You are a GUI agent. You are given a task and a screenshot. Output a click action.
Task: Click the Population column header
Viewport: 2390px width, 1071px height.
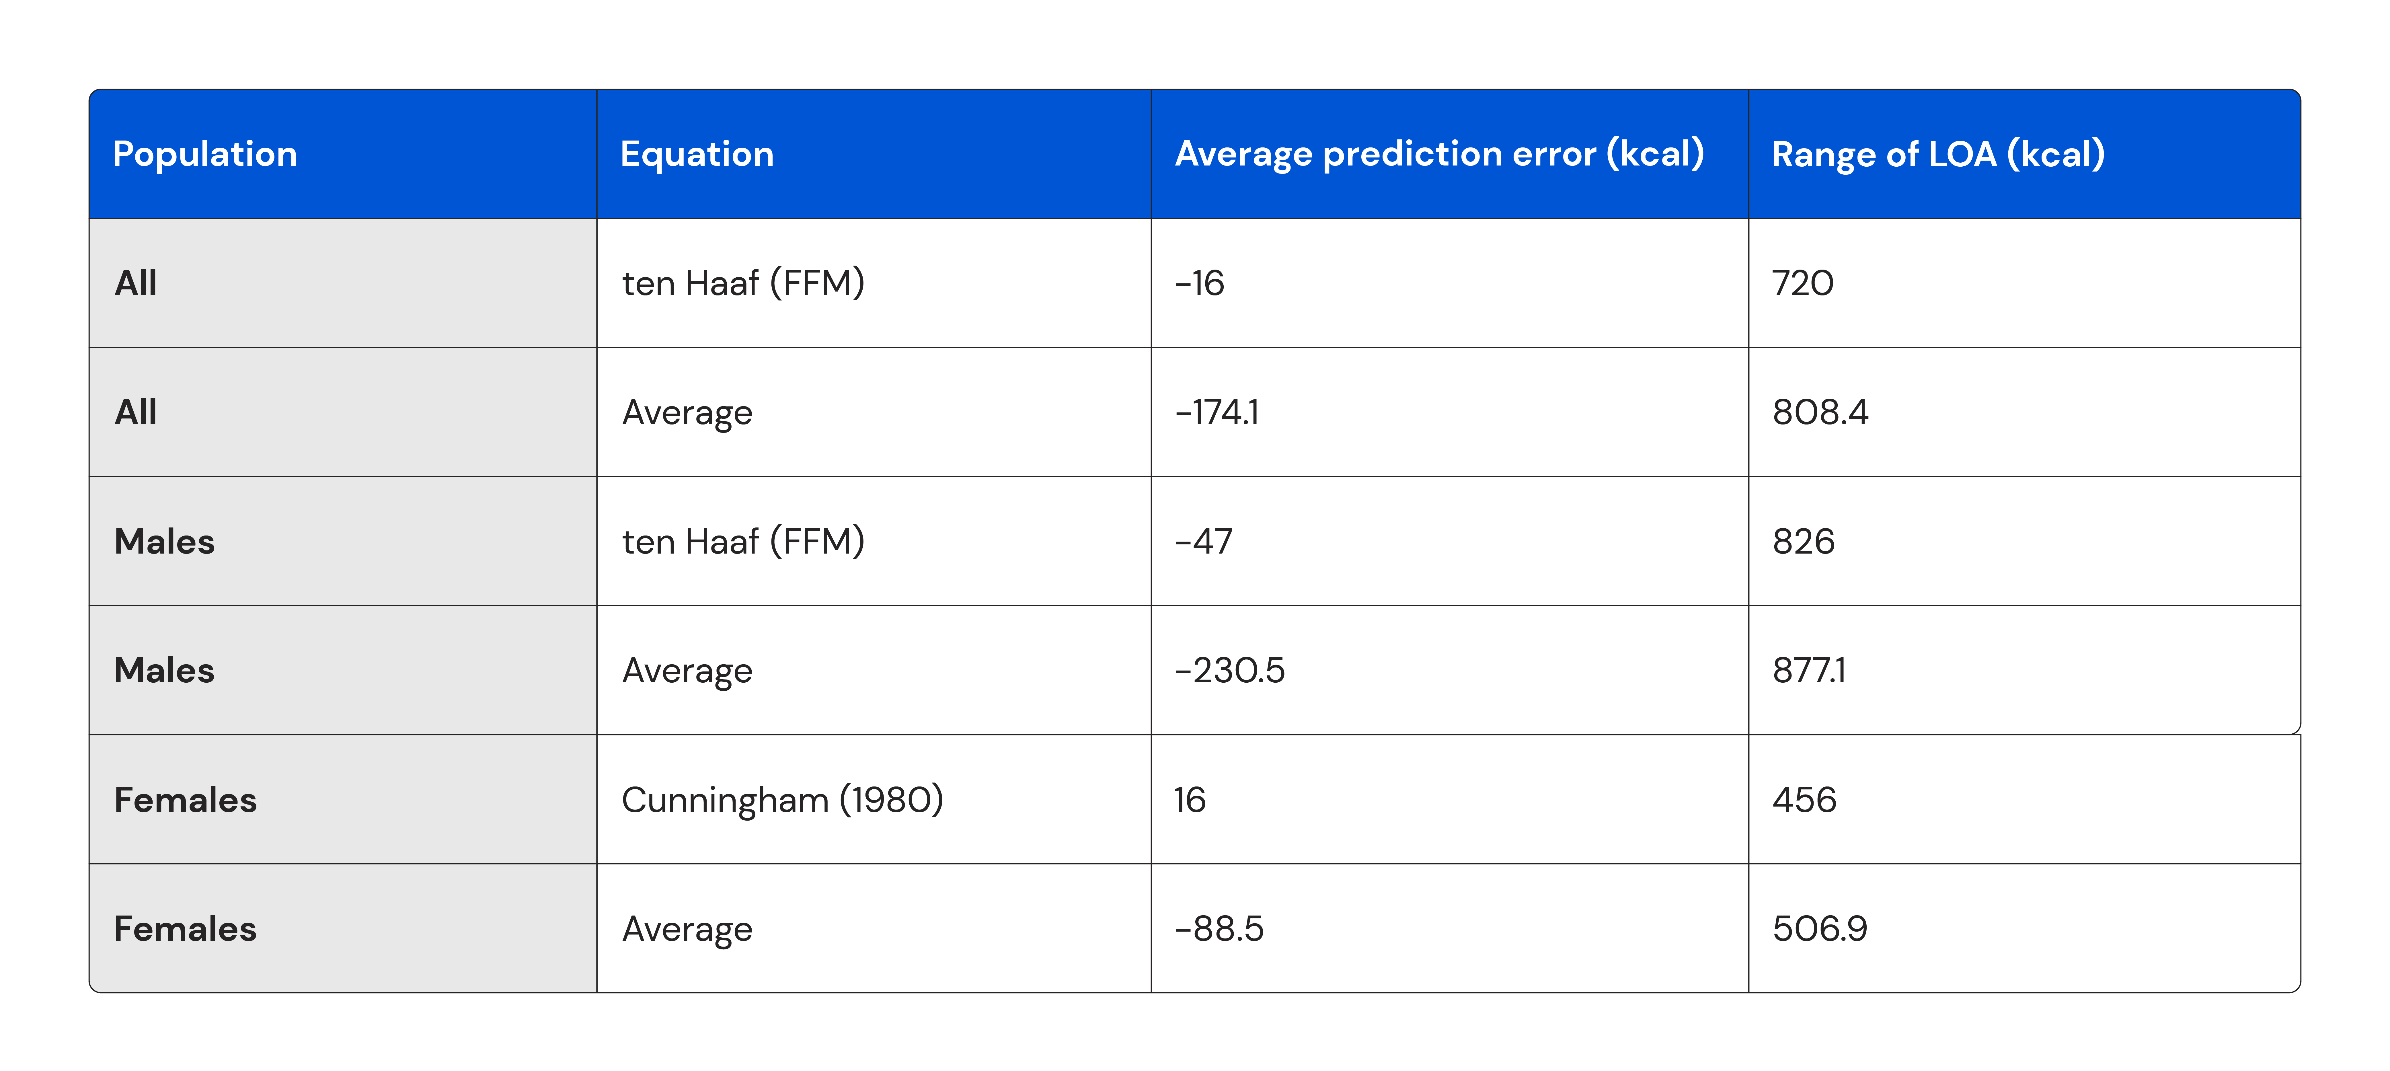pyautogui.click(x=205, y=154)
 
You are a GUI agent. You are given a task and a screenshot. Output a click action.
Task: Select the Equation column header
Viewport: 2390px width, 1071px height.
pyautogui.click(x=697, y=154)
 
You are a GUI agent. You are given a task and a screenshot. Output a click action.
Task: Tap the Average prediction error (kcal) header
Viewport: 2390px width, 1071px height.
pyautogui.click(x=1439, y=154)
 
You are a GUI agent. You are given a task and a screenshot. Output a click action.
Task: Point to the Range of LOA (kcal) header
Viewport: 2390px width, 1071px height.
pyautogui.click(x=1938, y=154)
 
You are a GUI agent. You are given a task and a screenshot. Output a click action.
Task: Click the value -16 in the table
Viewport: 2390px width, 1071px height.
pyautogui.click(x=1200, y=283)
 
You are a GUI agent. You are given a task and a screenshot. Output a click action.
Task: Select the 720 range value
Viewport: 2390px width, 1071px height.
pyautogui.click(x=1803, y=283)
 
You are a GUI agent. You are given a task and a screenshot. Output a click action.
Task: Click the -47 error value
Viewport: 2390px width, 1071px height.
pyautogui.click(x=1203, y=541)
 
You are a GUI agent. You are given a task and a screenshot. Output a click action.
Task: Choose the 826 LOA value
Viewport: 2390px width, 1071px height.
pyautogui.click(x=1804, y=541)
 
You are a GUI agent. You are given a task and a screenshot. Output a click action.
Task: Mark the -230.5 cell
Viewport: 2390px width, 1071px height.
pyautogui.click(x=1229, y=670)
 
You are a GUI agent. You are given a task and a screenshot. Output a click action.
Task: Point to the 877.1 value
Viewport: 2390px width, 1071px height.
pyautogui.click(x=1809, y=670)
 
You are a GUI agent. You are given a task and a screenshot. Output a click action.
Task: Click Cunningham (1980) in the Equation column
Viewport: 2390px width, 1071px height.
pyautogui.click(x=782, y=800)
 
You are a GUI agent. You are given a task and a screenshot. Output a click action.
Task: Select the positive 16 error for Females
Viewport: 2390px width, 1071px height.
pyautogui.click(x=1190, y=800)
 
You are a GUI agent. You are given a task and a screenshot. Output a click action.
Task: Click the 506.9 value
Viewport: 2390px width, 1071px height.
pyautogui.click(x=1819, y=929)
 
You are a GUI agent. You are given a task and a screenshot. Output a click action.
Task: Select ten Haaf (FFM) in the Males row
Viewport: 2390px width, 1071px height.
pyautogui.click(x=743, y=541)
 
